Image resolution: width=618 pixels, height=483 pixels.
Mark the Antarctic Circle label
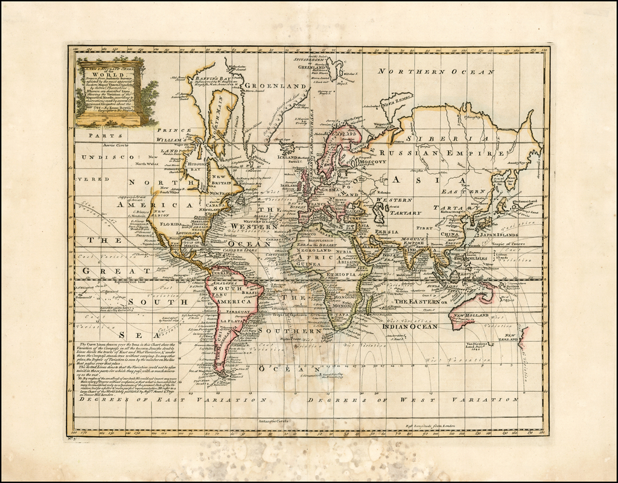[275, 419]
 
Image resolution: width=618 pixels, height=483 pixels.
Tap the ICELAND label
[287, 158]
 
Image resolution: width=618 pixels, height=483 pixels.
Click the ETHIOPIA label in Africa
[342, 273]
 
